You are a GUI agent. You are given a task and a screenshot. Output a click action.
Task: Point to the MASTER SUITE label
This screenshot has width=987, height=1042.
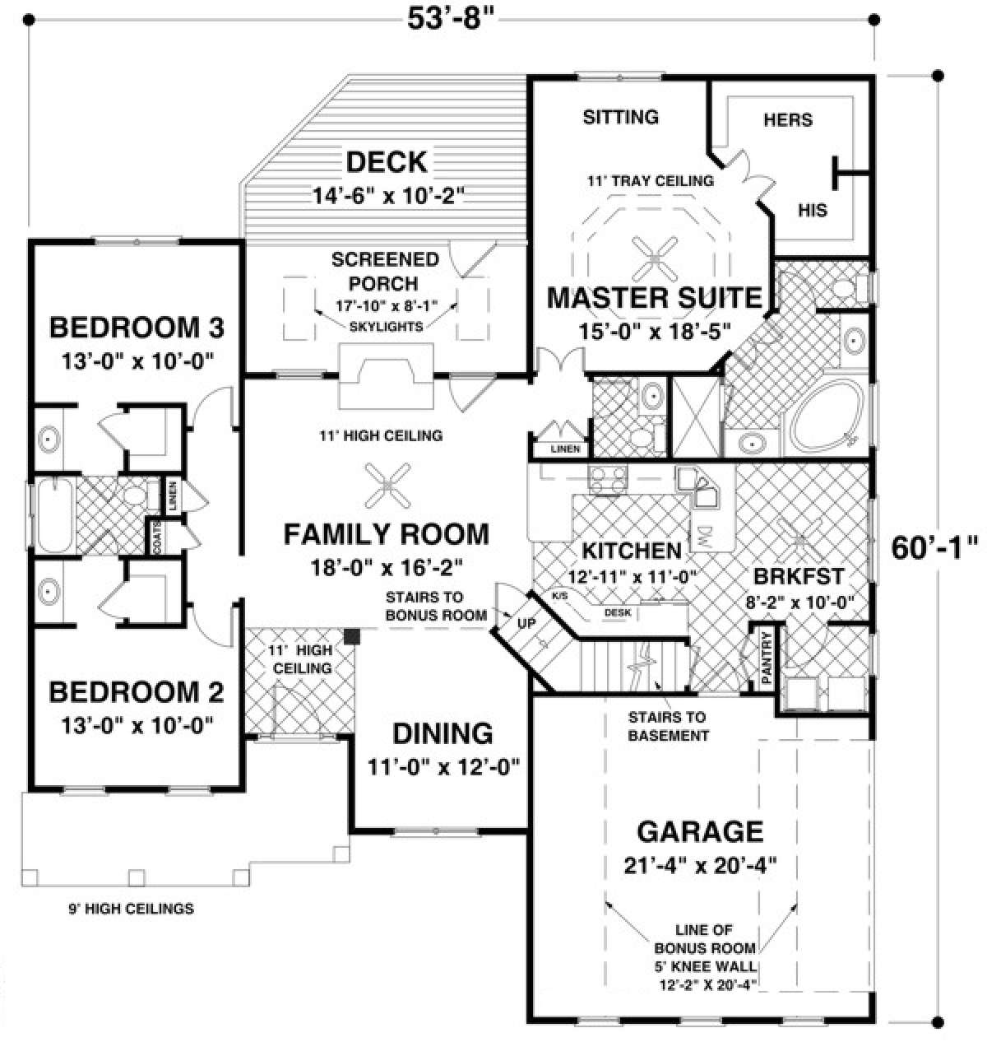(655, 297)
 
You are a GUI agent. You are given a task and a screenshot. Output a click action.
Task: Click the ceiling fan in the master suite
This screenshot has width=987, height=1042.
(654, 258)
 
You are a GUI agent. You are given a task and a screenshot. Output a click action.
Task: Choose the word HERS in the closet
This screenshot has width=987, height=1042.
(787, 120)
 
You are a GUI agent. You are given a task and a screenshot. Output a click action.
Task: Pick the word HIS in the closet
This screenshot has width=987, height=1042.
(813, 210)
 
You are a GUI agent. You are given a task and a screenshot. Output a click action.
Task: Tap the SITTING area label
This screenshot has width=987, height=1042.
(621, 117)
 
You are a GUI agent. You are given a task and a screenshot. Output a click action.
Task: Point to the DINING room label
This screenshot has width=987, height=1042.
(442, 733)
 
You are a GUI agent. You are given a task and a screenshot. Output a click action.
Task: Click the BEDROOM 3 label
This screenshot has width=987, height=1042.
(137, 328)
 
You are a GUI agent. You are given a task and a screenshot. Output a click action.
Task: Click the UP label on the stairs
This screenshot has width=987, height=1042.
(526, 624)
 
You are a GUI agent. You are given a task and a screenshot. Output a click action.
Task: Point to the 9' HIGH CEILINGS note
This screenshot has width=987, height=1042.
(131, 909)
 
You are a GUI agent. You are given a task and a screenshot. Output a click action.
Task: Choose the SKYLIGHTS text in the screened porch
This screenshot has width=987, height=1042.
(384, 326)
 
